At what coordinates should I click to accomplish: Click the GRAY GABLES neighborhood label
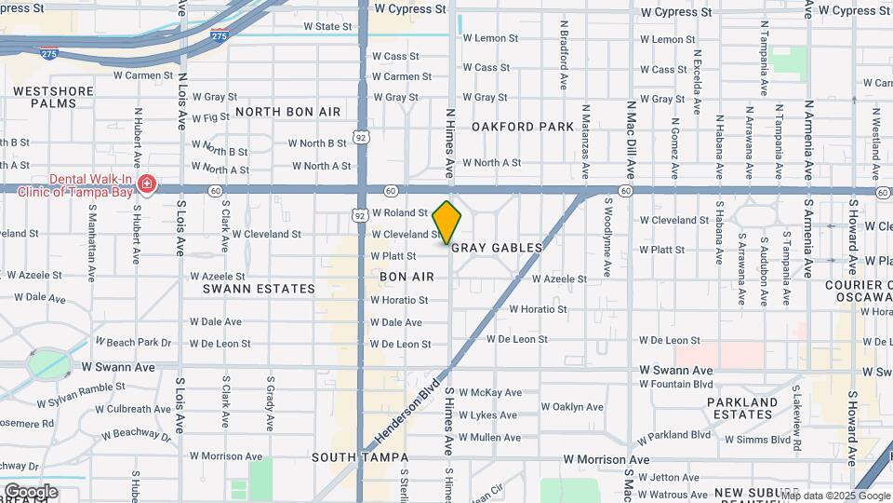497,248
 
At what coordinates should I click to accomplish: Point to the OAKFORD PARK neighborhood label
523,127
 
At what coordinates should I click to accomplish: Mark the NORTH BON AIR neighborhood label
287,111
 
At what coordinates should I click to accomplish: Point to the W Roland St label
399,212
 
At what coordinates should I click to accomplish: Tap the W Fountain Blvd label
676,384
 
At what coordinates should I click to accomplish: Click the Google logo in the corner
31,491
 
